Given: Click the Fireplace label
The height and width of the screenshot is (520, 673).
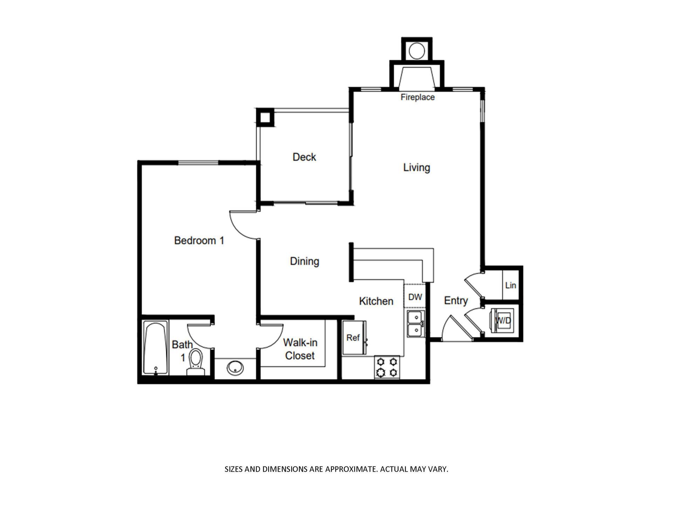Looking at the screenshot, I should point(417,97).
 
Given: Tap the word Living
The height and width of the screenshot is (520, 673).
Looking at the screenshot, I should point(416,167).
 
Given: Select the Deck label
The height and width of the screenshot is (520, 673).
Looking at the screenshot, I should point(304,157).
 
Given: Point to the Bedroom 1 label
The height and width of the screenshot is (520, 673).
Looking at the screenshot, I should point(199,240).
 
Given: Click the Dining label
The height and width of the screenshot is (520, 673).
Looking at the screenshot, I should point(304,261).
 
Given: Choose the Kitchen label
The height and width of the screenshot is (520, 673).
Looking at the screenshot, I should point(376,301).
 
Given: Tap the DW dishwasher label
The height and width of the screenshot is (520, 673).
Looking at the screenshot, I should point(415,297).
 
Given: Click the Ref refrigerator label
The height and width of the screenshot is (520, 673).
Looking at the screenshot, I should point(353,337).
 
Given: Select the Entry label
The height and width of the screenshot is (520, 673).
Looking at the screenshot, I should point(456,301).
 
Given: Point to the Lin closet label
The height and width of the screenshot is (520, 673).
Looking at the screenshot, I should point(510,285).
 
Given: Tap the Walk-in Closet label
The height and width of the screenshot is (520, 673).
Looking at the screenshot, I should point(300,349).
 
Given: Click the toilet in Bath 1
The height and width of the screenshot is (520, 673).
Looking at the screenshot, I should point(196,360).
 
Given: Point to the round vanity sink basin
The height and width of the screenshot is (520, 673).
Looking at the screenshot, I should point(234,368).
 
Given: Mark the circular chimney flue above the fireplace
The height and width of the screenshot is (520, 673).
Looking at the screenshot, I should point(417,50).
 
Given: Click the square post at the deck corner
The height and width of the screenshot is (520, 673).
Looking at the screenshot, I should point(265,117).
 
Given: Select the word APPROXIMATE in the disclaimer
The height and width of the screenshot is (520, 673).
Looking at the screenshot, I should point(352,469).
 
